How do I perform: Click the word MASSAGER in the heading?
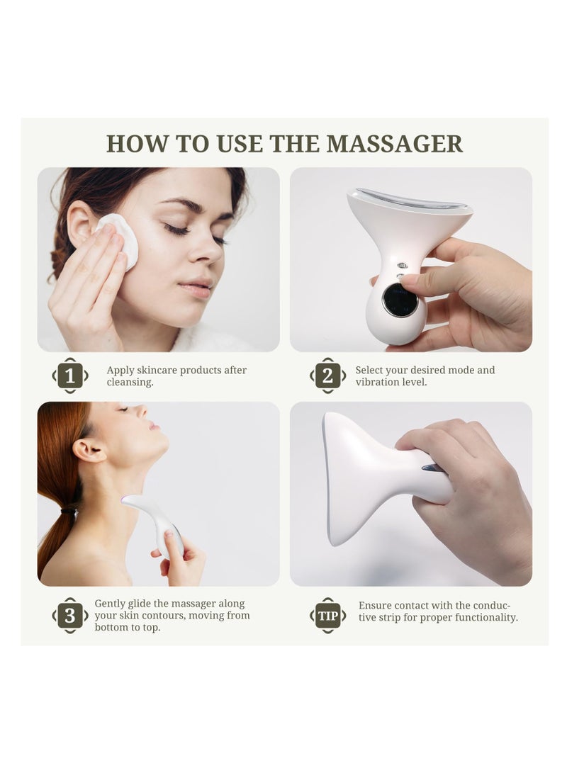pos(394,143)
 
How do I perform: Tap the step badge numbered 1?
pos(70,376)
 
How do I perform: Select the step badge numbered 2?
pos(327,376)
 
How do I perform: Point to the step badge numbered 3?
pos(70,616)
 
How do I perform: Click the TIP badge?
pos(327,616)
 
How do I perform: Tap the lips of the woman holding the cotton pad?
pos(196,287)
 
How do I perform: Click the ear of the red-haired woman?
pos(89,449)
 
